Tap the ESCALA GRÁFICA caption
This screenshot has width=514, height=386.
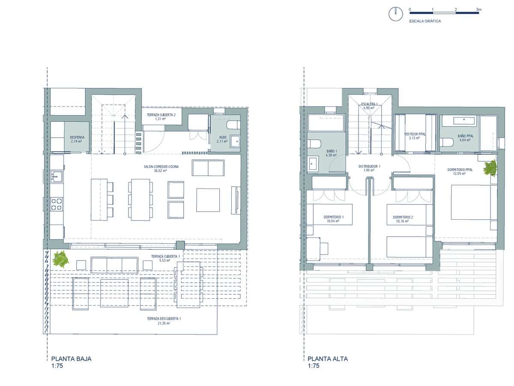point(425,21)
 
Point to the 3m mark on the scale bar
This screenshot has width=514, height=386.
point(478,9)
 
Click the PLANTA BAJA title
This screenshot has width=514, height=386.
point(71,359)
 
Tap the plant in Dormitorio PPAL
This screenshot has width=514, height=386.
point(490,168)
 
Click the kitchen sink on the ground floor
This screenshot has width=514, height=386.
point(56,176)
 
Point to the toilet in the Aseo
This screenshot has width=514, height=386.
point(233,125)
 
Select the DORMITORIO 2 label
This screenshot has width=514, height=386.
point(403,219)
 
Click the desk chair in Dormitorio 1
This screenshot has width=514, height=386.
point(324,248)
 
